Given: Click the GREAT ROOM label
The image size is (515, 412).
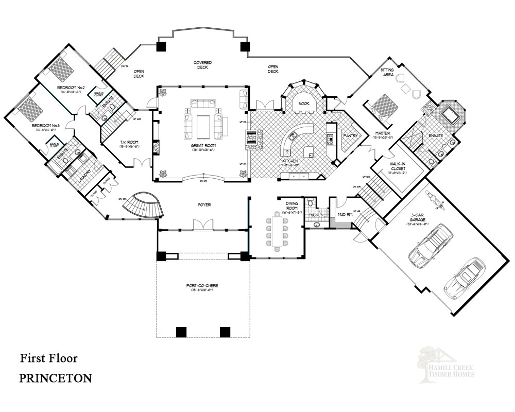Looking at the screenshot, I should click(x=203, y=146).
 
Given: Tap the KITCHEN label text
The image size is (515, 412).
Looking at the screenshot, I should click(x=290, y=162).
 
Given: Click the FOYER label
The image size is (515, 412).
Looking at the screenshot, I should click(x=204, y=205).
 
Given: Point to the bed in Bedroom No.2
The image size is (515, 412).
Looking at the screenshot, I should click(x=63, y=67).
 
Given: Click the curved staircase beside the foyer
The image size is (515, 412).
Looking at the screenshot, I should click(x=146, y=206).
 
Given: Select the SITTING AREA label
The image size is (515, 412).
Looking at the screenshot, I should click(x=387, y=72).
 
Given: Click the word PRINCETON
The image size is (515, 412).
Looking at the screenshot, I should click(x=56, y=378).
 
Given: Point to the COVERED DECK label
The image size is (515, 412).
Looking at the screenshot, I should click(x=203, y=65).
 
